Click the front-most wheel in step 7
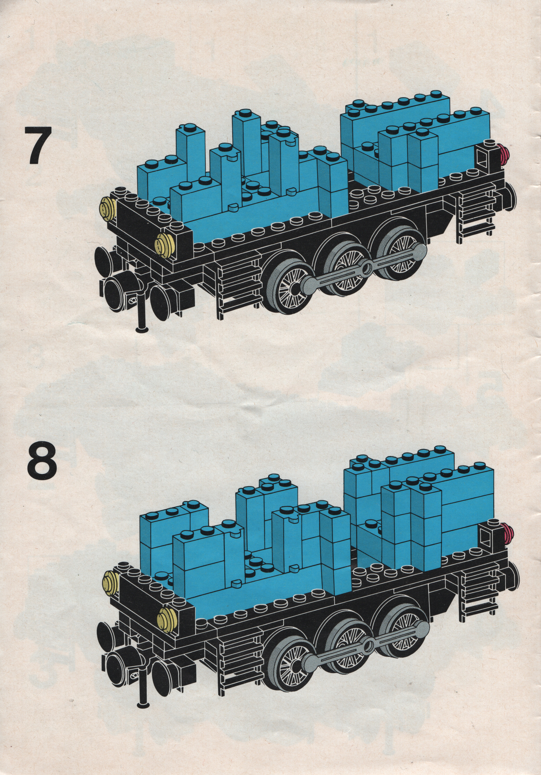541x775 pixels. click(287, 287)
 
